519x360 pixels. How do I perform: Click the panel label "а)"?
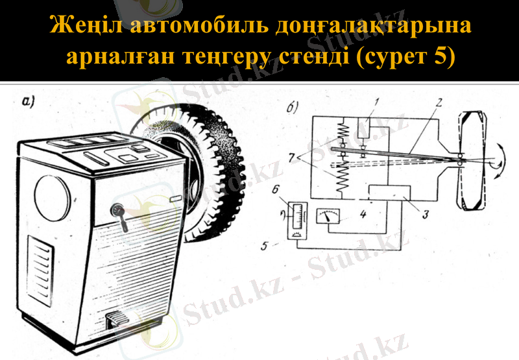pos(30,101)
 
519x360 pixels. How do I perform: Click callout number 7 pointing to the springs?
pos(293,156)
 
